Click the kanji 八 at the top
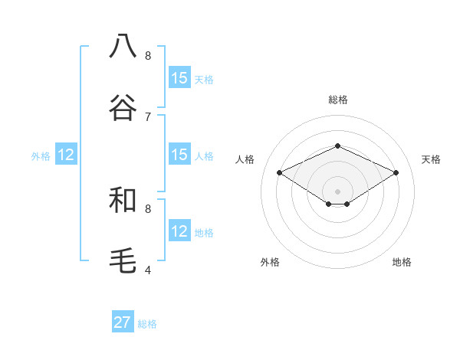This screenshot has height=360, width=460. coord(123,46)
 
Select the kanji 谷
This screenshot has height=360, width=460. coord(123,107)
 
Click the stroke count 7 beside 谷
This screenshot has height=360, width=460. coord(148,116)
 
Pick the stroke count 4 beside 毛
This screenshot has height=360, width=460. coord(148,270)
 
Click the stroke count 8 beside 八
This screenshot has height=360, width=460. coord(148,55)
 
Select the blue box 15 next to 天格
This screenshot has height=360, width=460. coord(179,78)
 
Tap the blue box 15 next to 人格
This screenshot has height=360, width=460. coord(179,155)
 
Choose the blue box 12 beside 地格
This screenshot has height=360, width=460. coord(179,231)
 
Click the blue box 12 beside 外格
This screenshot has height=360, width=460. coord(67,155)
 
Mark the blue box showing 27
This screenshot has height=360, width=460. coord(123,322)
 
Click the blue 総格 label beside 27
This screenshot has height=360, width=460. coord(147,324)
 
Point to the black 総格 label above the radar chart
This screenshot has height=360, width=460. coord(338,100)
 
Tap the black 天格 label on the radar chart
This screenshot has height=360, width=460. coord(431,159)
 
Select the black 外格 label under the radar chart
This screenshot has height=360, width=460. coord(270,262)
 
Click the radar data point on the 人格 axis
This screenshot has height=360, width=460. coord(280,173)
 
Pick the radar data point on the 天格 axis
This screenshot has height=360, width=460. coord(396,173)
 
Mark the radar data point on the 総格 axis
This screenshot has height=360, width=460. coord(338,146)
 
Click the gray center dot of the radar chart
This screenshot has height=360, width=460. coord(338,191)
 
